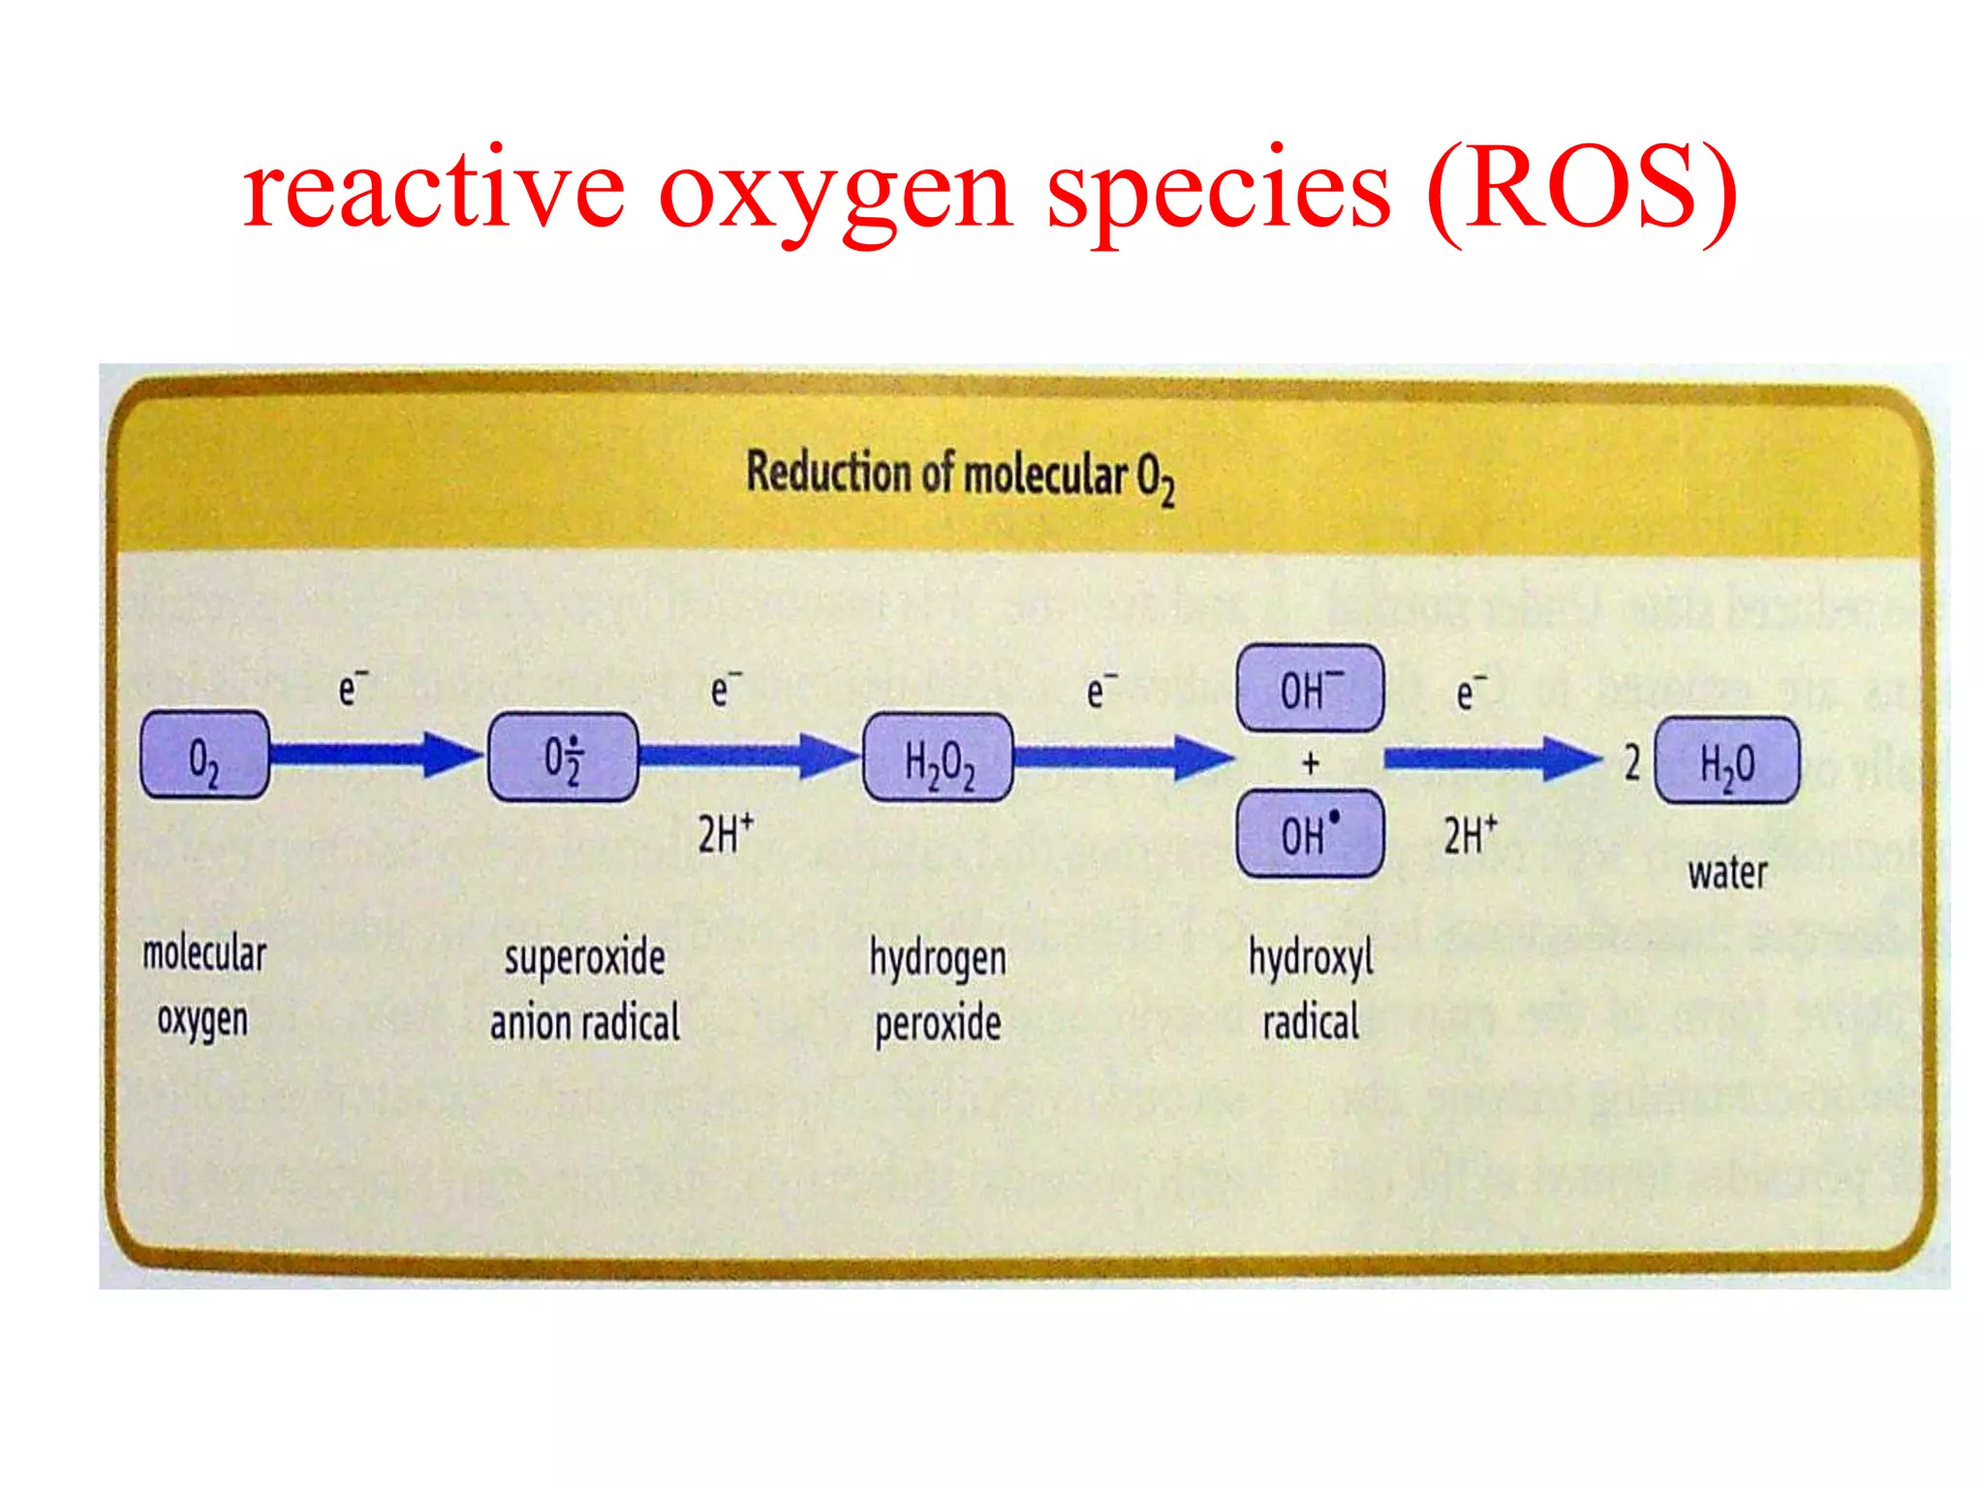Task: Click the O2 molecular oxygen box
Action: pos(204,756)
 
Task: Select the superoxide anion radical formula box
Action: pos(563,758)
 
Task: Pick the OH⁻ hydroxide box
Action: pos(1310,689)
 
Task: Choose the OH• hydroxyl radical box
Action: pos(1310,834)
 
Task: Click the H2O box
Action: pos(1727,761)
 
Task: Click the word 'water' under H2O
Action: pos(1727,873)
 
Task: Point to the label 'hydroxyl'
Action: pos(1311,958)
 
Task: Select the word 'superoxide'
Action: pos(584,958)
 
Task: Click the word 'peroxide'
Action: pos(938,1023)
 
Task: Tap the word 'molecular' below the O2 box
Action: pos(204,953)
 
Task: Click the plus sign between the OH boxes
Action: pos(1311,763)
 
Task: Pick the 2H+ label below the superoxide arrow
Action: pos(726,834)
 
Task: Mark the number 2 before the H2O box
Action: pos(1632,762)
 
